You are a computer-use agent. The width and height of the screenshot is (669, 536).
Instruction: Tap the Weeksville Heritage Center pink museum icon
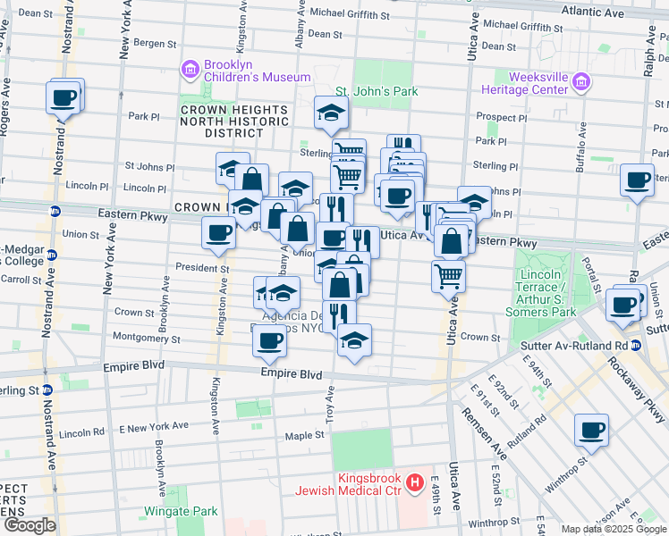point(582,83)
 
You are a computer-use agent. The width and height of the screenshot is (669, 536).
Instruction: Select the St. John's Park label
point(377,91)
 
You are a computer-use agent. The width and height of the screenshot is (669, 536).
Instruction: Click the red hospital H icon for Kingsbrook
point(415,484)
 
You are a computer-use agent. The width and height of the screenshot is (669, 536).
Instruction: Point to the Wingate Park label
point(182,512)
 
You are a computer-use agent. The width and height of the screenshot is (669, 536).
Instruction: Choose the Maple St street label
point(303,435)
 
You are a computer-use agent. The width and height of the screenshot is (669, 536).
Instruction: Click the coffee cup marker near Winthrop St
point(591,430)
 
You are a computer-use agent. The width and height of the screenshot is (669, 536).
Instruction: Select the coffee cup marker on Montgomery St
point(269,339)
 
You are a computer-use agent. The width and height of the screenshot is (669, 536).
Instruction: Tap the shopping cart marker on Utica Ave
point(448,276)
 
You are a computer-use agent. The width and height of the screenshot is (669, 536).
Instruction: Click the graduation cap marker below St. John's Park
point(330,113)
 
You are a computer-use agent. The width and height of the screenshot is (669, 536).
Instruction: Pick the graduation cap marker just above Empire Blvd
point(355,339)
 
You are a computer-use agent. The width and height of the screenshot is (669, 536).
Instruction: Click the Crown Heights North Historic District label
point(234,121)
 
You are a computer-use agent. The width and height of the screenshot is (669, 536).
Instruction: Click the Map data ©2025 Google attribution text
point(614,529)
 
